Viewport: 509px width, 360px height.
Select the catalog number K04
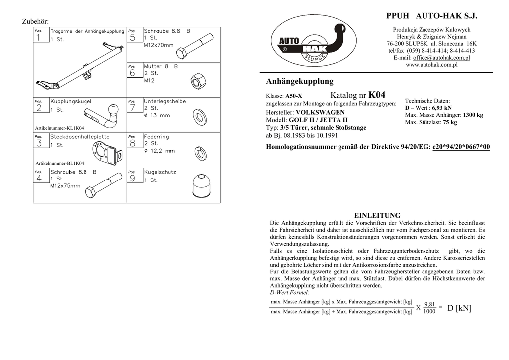(x=377, y=95)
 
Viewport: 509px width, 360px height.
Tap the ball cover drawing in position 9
(x=202, y=187)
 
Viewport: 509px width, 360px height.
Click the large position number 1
(x=39, y=37)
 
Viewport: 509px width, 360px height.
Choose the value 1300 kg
(x=473, y=115)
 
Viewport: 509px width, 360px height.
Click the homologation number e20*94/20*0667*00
(x=461, y=147)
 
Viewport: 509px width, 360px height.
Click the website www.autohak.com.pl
(x=431, y=65)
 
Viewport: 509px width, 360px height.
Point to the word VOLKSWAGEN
(x=320, y=113)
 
